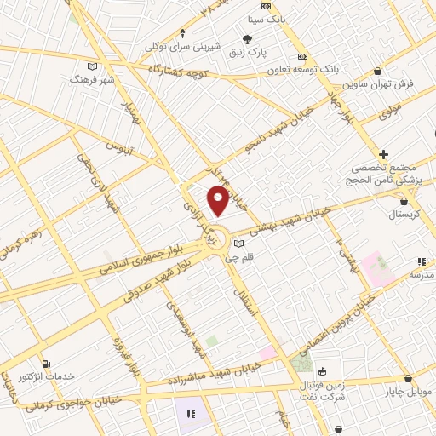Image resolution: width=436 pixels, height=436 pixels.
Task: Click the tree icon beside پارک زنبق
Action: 247,39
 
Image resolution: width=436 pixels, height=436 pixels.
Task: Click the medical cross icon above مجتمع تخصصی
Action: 384,154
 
